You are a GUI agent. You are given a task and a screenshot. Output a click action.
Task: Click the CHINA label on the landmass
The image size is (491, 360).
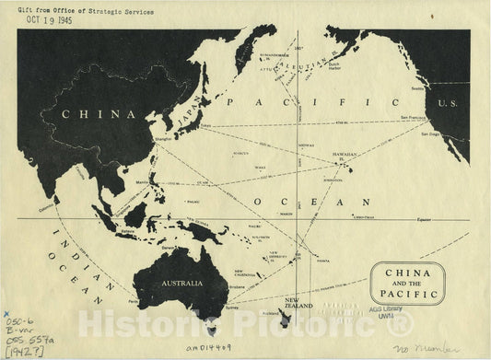tap(92, 116)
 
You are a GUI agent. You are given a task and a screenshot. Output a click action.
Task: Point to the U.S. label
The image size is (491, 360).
tap(448, 103)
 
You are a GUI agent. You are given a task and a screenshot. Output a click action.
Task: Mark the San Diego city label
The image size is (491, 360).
tap(429, 134)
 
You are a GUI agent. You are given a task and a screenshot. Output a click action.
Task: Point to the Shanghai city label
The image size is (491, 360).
tap(164, 141)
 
